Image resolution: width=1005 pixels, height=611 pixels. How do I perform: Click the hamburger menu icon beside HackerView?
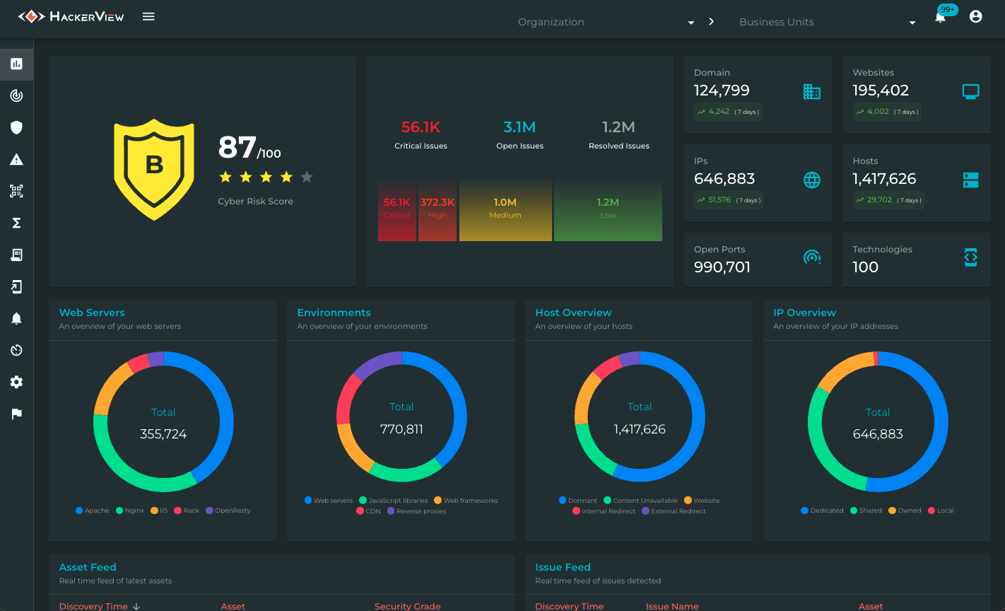[x=148, y=16]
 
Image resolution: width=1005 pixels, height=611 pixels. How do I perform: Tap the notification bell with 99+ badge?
[x=940, y=18]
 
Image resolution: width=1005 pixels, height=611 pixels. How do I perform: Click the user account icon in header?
[x=976, y=16]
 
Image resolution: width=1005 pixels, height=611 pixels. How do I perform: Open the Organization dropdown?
[x=606, y=22]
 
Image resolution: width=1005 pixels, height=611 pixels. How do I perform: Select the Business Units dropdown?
[x=827, y=22]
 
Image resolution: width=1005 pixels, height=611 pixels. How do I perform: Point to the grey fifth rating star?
[x=307, y=177]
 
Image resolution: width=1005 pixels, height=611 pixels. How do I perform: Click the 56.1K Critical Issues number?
[x=421, y=127]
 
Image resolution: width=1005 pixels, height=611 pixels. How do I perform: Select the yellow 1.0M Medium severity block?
[x=505, y=209]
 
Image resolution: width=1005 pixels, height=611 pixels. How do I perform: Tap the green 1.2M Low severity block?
[x=608, y=209]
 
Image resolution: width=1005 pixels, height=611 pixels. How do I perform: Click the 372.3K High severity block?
[x=437, y=209]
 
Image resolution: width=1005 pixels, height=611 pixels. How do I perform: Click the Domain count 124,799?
[x=722, y=91]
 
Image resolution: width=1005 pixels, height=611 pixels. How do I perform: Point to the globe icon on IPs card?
[x=812, y=180]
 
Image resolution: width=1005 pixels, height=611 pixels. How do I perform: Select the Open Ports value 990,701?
[x=722, y=267]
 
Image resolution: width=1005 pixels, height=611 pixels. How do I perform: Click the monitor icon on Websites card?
[x=971, y=91]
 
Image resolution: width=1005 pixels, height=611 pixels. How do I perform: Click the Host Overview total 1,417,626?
[x=640, y=429]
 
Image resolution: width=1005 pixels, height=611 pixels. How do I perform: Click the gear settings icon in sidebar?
[x=16, y=382]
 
